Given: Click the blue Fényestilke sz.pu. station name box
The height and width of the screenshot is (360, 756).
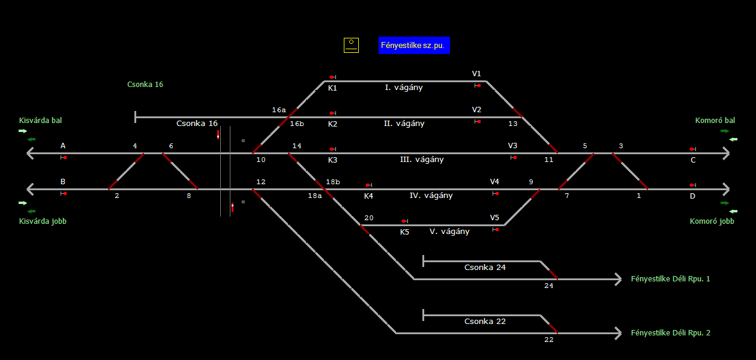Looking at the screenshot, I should pos(414,46).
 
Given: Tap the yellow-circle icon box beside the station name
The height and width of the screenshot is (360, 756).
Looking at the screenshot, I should pos(351,45).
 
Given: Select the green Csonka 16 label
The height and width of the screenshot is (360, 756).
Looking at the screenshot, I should pos(145,85).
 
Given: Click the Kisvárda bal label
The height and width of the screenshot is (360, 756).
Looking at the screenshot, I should pos(40,121).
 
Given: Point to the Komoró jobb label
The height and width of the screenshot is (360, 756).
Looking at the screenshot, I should pos(712,221).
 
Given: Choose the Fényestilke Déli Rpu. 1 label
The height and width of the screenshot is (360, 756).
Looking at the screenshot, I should pos(670,279).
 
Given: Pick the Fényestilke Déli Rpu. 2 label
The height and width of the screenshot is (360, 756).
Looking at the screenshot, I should pos(670,333).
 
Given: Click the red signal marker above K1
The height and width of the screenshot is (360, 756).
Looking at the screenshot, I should pos(332,77).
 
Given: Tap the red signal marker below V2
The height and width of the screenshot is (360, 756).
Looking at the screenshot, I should pos(478,122).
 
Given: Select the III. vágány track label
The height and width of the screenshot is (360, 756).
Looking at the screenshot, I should pos(422,160).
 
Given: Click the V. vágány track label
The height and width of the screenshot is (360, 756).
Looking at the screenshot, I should pos(449,232).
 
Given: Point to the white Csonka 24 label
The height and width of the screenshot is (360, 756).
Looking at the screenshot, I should pos(485,268).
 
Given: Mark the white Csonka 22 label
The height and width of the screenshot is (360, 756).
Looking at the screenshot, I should pos(485,322).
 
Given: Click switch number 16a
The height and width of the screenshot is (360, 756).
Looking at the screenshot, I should pos(279,110).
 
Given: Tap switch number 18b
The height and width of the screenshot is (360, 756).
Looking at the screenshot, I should pos(333,182).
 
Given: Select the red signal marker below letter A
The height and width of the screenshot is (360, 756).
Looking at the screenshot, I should pos(64,158).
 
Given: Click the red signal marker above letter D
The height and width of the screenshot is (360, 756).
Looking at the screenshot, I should pos(692,185).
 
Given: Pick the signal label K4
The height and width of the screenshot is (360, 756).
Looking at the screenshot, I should pos(368,196).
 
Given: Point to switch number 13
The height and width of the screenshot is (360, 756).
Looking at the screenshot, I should pos(512,124).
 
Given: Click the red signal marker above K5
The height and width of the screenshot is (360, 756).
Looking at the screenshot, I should pos(404,221).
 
